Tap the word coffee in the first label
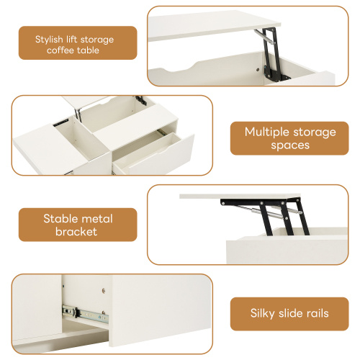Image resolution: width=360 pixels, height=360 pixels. point(64,50)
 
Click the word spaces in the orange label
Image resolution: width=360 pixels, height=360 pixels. point(290,145)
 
